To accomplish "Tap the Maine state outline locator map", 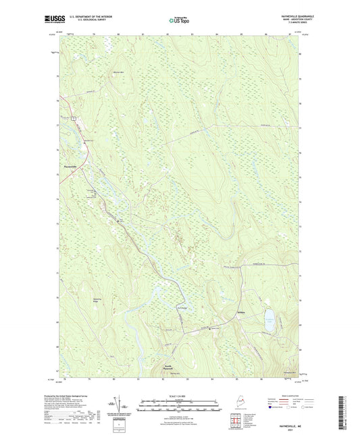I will [254, 399].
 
